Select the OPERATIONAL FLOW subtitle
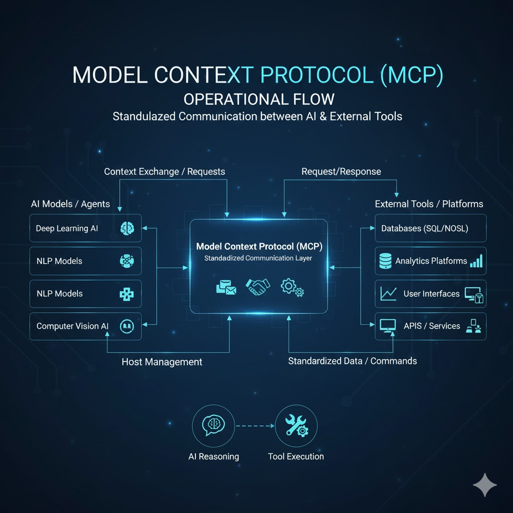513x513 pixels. pyautogui.click(x=256, y=98)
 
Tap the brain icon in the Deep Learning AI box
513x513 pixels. pyautogui.click(x=127, y=228)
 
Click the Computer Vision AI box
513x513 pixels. pyautogui.click(x=85, y=326)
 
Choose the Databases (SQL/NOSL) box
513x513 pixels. pyautogui.click(x=430, y=228)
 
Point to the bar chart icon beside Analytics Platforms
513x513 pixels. pyautogui.click(x=475, y=261)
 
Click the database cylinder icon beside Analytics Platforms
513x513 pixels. pyautogui.click(x=386, y=261)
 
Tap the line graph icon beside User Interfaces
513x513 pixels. pyautogui.click(x=389, y=294)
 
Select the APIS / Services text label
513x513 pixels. pyautogui.click(x=431, y=326)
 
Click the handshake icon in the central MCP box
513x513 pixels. pyautogui.click(x=258, y=287)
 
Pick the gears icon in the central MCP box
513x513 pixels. pyautogui.click(x=292, y=287)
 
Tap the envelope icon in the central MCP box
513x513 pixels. pyautogui.click(x=225, y=287)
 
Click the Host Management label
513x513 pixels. pyautogui.click(x=162, y=362)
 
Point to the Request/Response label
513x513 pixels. pyautogui.click(x=341, y=172)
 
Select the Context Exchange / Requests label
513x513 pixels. pyautogui.click(x=164, y=172)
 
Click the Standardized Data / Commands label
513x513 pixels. pyautogui.click(x=352, y=361)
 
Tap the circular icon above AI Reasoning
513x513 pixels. pyautogui.click(x=213, y=426)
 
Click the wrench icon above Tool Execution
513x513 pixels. pyautogui.click(x=296, y=426)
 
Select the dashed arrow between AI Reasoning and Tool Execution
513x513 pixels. pyautogui.click(x=254, y=426)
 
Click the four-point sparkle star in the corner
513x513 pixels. pyautogui.click(x=485, y=484)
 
